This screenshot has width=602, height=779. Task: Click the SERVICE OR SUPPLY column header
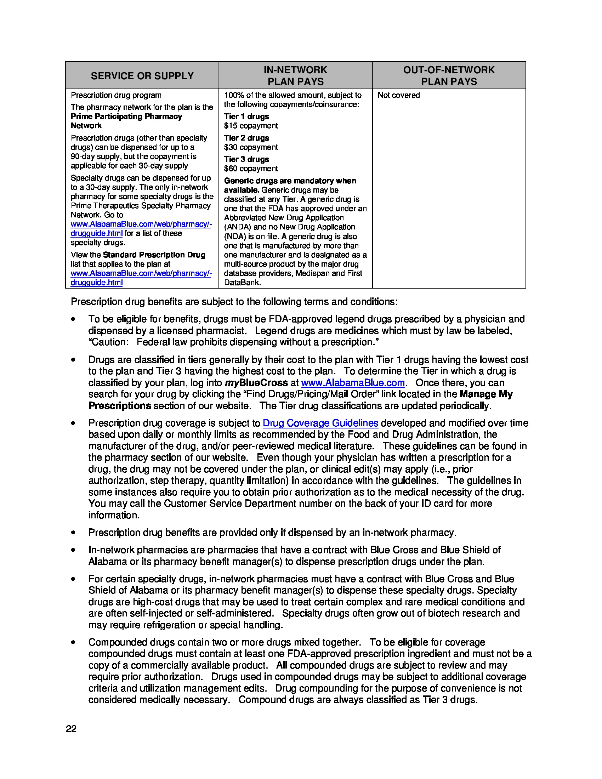(x=142, y=76)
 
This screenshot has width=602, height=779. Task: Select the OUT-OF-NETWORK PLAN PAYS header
(x=449, y=75)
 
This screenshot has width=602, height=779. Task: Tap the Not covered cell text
(x=398, y=95)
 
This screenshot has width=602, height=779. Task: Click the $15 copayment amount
(x=251, y=126)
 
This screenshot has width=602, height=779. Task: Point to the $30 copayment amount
(x=251, y=147)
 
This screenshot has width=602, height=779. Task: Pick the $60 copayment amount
(x=251, y=168)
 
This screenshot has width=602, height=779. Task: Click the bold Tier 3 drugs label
(x=246, y=159)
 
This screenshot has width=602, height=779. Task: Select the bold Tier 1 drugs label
(x=246, y=116)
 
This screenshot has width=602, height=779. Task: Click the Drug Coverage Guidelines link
(x=320, y=423)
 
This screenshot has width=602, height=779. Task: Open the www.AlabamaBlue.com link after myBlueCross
(x=353, y=383)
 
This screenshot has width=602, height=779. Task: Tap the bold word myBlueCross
(x=256, y=383)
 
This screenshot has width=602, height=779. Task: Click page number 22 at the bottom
(x=71, y=729)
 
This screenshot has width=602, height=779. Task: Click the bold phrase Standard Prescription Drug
(x=154, y=255)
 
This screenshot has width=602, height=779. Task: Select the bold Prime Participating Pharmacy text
(x=126, y=116)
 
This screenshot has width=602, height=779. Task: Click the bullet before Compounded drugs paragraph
(x=73, y=642)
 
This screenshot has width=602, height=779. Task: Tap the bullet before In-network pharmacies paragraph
(x=73, y=550)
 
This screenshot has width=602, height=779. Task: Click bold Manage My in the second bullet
(x=486, y=394)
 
